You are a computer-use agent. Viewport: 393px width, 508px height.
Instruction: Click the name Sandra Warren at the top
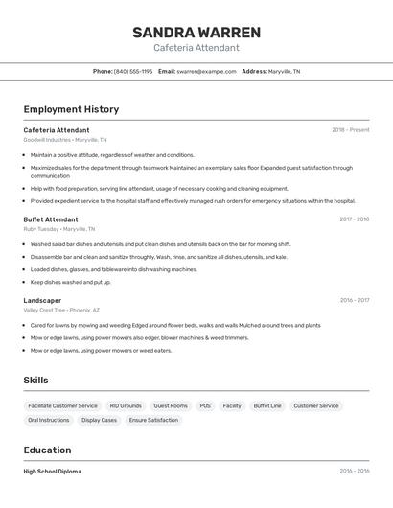[x=196, y=33]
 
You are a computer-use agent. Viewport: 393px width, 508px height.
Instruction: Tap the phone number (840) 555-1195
[x=133, y=71]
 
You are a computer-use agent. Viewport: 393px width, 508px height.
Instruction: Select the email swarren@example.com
[x=206, y=71]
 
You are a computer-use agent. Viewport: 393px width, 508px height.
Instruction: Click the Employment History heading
[x=71, y=109]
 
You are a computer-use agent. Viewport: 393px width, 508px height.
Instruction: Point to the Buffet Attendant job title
[x=51, y=219]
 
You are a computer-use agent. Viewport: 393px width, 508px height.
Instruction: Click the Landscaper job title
[x=42, y=300]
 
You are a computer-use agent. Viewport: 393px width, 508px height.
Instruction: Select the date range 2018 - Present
[x=350, y=130]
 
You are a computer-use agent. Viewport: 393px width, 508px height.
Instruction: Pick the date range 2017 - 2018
[x=354, y=219]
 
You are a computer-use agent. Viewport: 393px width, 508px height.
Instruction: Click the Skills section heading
[x=35, y=381]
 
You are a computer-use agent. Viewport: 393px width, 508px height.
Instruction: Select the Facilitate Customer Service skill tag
[x=62, y=405]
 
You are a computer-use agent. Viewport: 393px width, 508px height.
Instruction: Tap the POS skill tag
[x=205, y=405]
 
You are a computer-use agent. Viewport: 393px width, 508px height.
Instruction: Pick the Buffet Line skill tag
[x=267, y=405]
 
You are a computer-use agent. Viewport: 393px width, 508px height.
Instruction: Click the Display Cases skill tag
[x=99, y=420]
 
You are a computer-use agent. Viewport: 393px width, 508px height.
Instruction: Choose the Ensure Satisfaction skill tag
[x=153, y=420]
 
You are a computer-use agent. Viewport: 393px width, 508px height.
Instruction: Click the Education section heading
[x=47, y=450]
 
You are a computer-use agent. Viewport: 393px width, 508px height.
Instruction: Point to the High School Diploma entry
[x=53, y=472]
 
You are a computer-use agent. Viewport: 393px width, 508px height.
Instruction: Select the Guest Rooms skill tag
[x=171, y=405]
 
